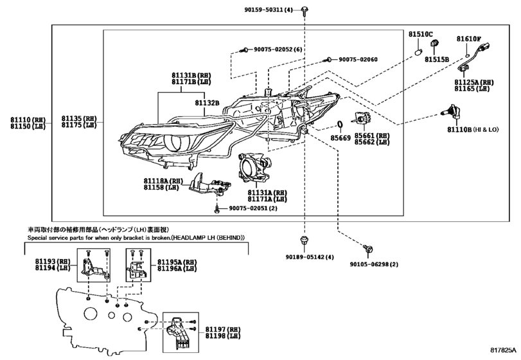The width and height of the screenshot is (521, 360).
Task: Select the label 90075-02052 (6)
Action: [x=278, y=50]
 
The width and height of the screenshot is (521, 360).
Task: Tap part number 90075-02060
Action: [x=358, y=59]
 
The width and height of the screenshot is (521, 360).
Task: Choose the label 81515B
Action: [x=436, y=59]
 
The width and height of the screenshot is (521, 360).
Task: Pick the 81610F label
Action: [x=469, y=39]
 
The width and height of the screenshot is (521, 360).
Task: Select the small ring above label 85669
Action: [x=339, y=125]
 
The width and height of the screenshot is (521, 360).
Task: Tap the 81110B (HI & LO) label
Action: [x=473, y=130]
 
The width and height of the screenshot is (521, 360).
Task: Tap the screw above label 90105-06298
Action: [x=367, y=248]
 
